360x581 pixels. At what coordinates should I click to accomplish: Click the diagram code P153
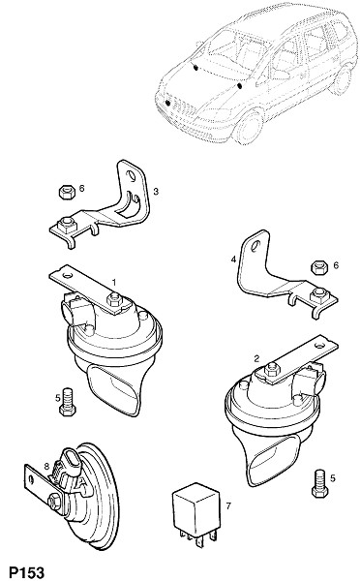click(27, 572)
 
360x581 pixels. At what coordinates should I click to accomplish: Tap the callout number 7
click(228, 505)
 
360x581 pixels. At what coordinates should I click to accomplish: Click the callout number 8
click(46, 467)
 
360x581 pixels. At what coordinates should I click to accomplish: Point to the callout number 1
click(114, 283)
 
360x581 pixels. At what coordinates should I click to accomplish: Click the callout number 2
click(256, 358)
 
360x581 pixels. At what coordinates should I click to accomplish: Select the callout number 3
click(156, 192)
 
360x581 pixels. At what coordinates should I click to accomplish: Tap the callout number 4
click(233, 260)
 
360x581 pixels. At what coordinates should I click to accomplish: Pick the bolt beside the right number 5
click(320, 483)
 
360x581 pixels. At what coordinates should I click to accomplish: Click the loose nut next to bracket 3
click(66, 193)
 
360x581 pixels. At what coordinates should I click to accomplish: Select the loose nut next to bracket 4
click(318, 267)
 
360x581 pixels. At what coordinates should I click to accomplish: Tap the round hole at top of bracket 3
click(130, 174)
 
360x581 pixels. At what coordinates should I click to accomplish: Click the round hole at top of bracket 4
click(255, 246)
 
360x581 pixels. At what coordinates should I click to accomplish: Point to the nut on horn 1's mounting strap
click(114, 299)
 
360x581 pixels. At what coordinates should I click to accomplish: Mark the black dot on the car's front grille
click(167, 103)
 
